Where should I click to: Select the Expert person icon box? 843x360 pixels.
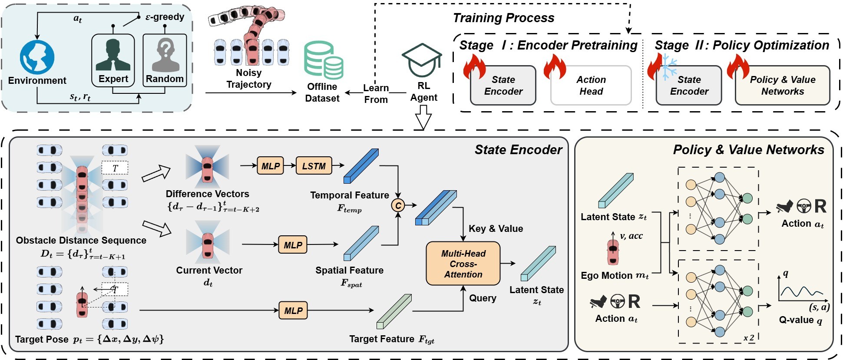point(113,60)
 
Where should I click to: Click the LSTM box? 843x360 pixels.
point(314,166)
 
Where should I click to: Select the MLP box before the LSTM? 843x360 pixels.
point(271,166)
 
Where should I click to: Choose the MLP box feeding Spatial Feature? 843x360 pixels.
point(293,245)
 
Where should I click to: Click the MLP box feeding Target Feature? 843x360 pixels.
point(293,310)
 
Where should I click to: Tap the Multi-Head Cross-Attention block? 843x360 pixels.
point(463,264)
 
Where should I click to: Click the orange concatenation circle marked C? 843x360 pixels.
point(398,205)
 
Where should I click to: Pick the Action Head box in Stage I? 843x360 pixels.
point(591,86)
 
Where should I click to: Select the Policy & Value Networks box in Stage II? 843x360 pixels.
point(782,86)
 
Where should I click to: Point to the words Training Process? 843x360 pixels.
point(503,18)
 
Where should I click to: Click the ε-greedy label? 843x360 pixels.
point(165,17)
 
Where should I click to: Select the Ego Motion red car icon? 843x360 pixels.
point(613,251)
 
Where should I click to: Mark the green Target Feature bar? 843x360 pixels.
point(393,311)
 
